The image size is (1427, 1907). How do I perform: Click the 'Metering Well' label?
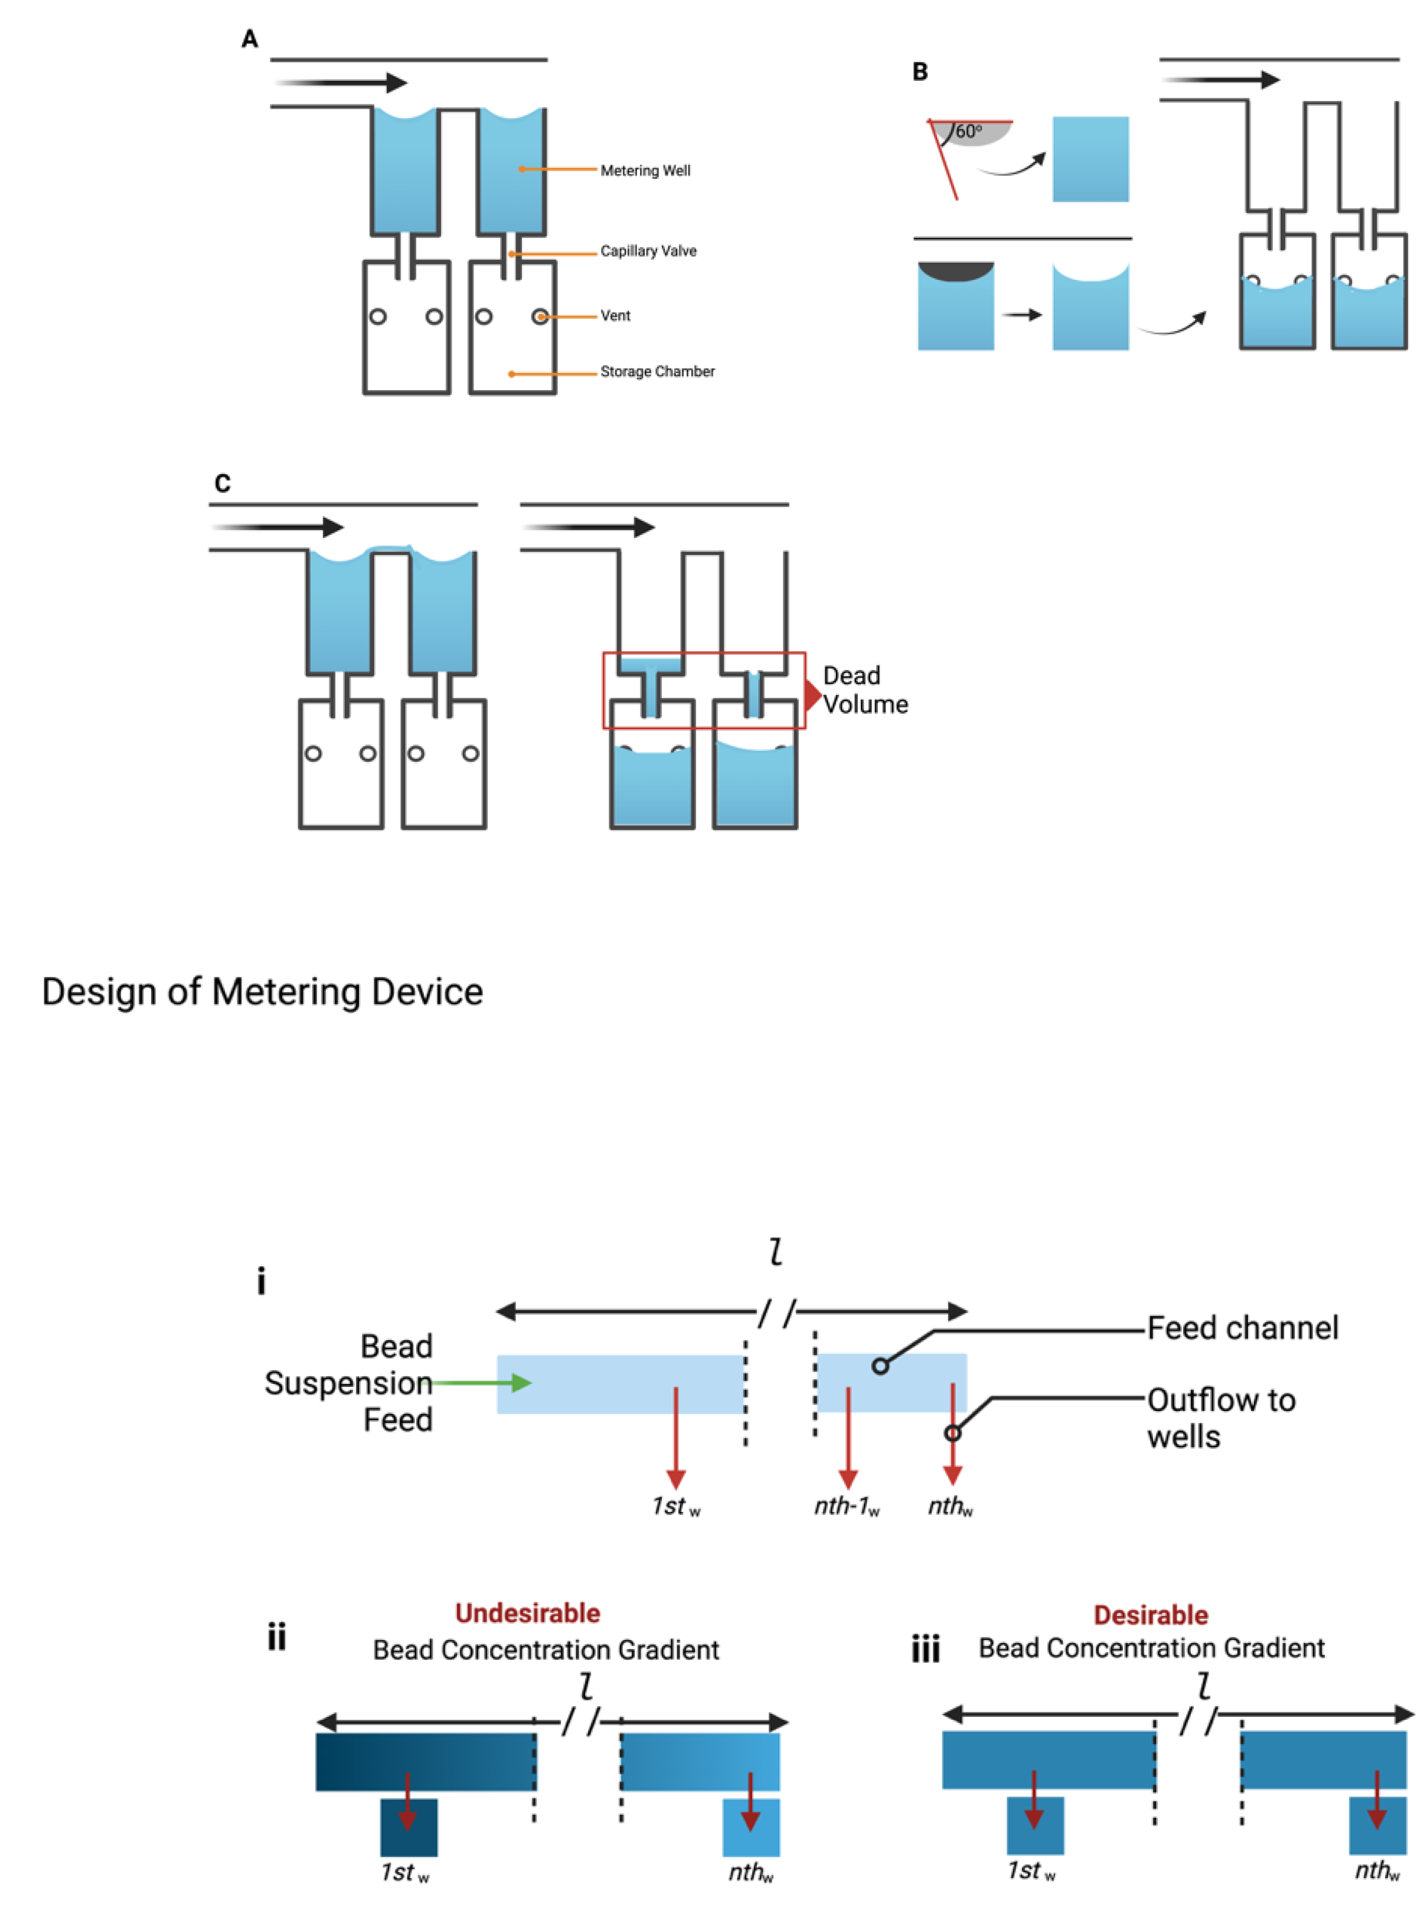coord(644,171)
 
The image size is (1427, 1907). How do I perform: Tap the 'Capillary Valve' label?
coord(648,251)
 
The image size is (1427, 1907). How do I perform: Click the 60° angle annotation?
coord(968,131)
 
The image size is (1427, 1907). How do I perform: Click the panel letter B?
coord(919,71)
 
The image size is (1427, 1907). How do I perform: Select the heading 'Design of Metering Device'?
coord(262,991)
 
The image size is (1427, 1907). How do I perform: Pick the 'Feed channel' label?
coord(1242,1328)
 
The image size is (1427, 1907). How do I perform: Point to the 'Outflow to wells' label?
coord(1220,1418)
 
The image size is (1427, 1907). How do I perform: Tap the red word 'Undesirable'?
coord(527,1613)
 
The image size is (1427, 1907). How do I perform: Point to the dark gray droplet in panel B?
coord(955,272)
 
